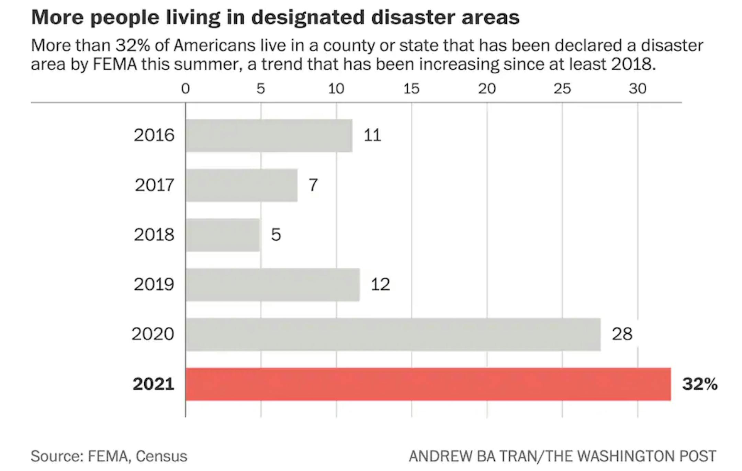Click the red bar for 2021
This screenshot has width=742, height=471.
point(428,384)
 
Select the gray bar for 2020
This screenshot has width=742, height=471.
point(393,334)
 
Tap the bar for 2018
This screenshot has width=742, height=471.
point(223,235)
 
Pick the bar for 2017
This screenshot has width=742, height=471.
point(241,185)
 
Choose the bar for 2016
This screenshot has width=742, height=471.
point(269,136)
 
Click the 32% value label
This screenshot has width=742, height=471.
point(700,384)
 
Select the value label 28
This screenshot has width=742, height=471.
point(622,334)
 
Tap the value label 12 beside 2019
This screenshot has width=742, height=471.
point(380,285)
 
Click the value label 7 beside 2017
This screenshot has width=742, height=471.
point(313,185)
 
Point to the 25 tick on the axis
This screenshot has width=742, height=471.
point(562,89)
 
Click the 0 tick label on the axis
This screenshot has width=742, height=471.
point(185,89)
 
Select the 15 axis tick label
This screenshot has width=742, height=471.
point(411,89)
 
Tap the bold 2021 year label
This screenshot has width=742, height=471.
point(153,384)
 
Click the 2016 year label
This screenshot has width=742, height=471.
point(154,135)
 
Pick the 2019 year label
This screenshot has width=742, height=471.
point(154,285)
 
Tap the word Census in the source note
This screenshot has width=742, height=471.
point(161,456)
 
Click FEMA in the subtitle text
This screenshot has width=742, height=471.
point(115,64)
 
